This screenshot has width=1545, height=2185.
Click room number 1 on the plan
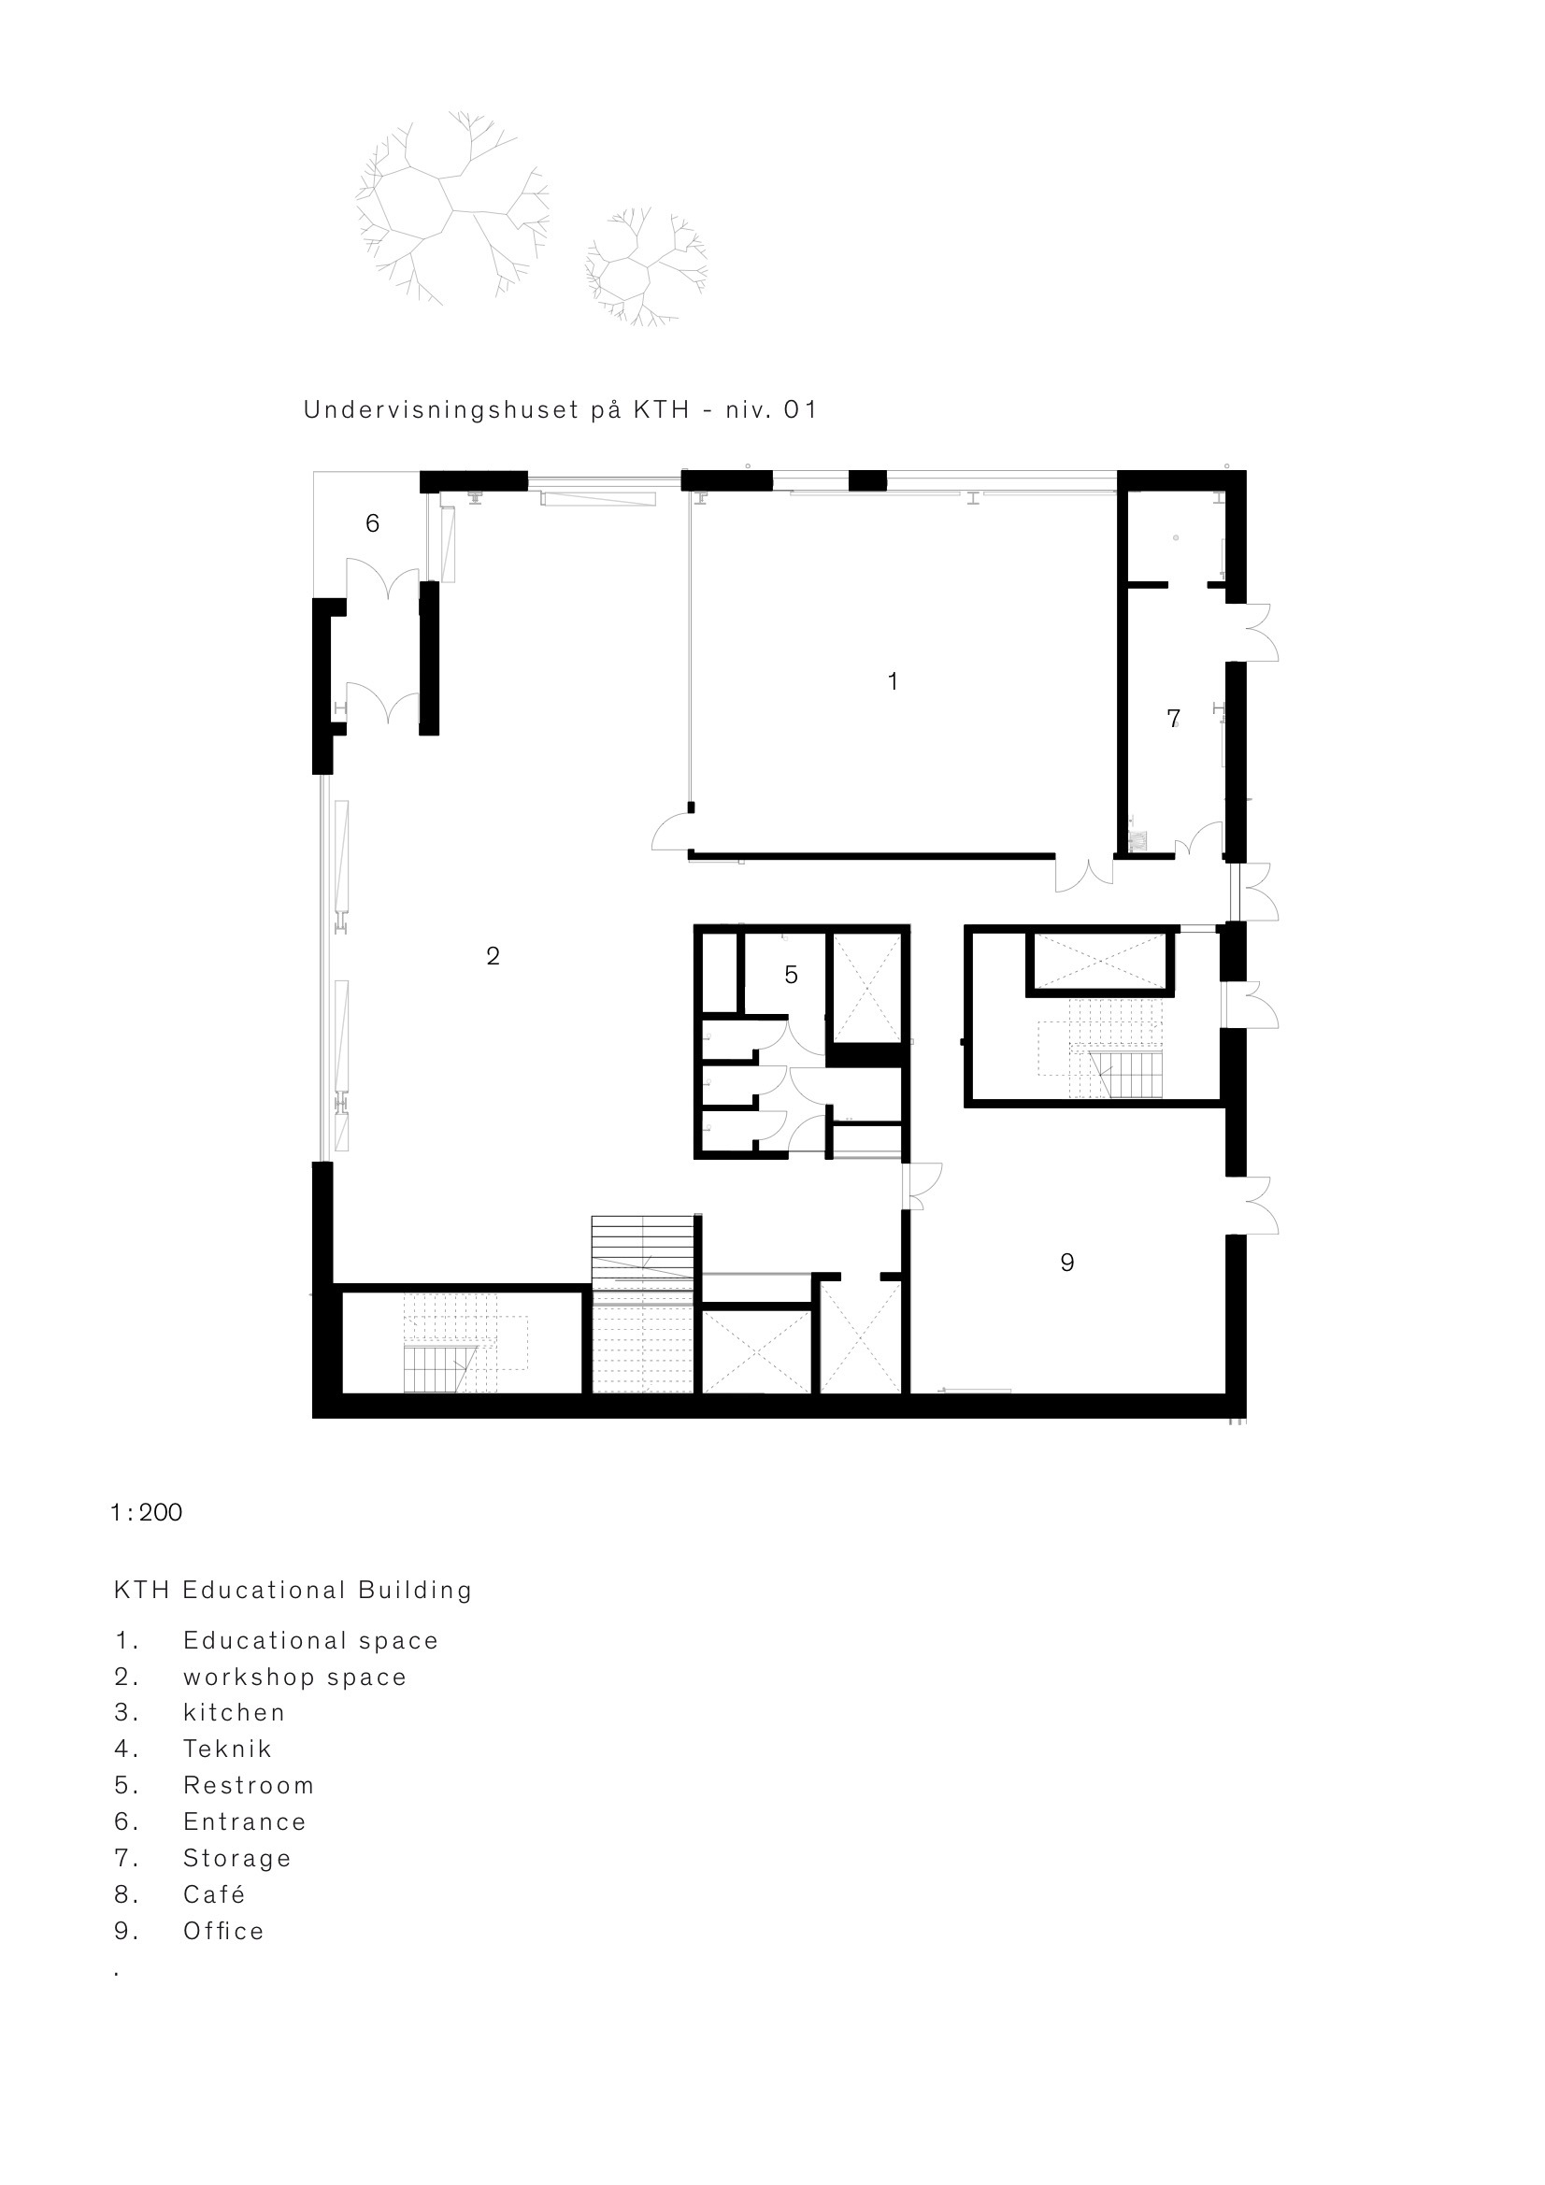point(892,681)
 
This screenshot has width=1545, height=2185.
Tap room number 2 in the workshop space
point(493,956)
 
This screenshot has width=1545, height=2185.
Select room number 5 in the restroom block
point(791,975)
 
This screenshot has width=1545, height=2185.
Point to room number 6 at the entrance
point(372,523)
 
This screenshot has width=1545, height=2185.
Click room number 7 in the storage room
point(1173,719)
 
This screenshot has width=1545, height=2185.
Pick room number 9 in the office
point(1067,1263)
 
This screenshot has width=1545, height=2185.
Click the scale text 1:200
point(147,1513)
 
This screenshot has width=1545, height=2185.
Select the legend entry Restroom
point(249,1786)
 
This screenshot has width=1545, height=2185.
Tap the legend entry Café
point(214,1894)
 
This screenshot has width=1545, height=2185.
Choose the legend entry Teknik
point(227,1749)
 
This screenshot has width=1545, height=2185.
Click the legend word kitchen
point(235,1713)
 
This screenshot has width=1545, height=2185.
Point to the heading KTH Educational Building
point(293,1592)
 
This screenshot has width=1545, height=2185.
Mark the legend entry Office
point(223,1931)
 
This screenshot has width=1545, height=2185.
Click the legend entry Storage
point(237,1859)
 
